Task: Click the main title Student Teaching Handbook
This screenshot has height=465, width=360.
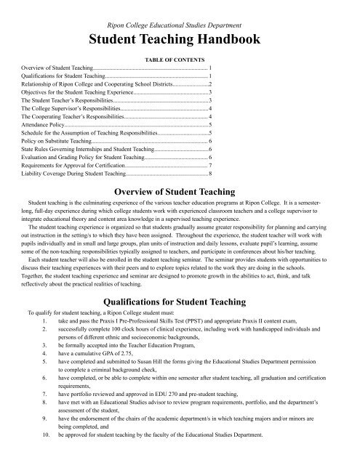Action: point(179,36)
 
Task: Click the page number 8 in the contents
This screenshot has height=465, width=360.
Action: point(210,174)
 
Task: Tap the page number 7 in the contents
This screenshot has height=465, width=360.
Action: point(210,165)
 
